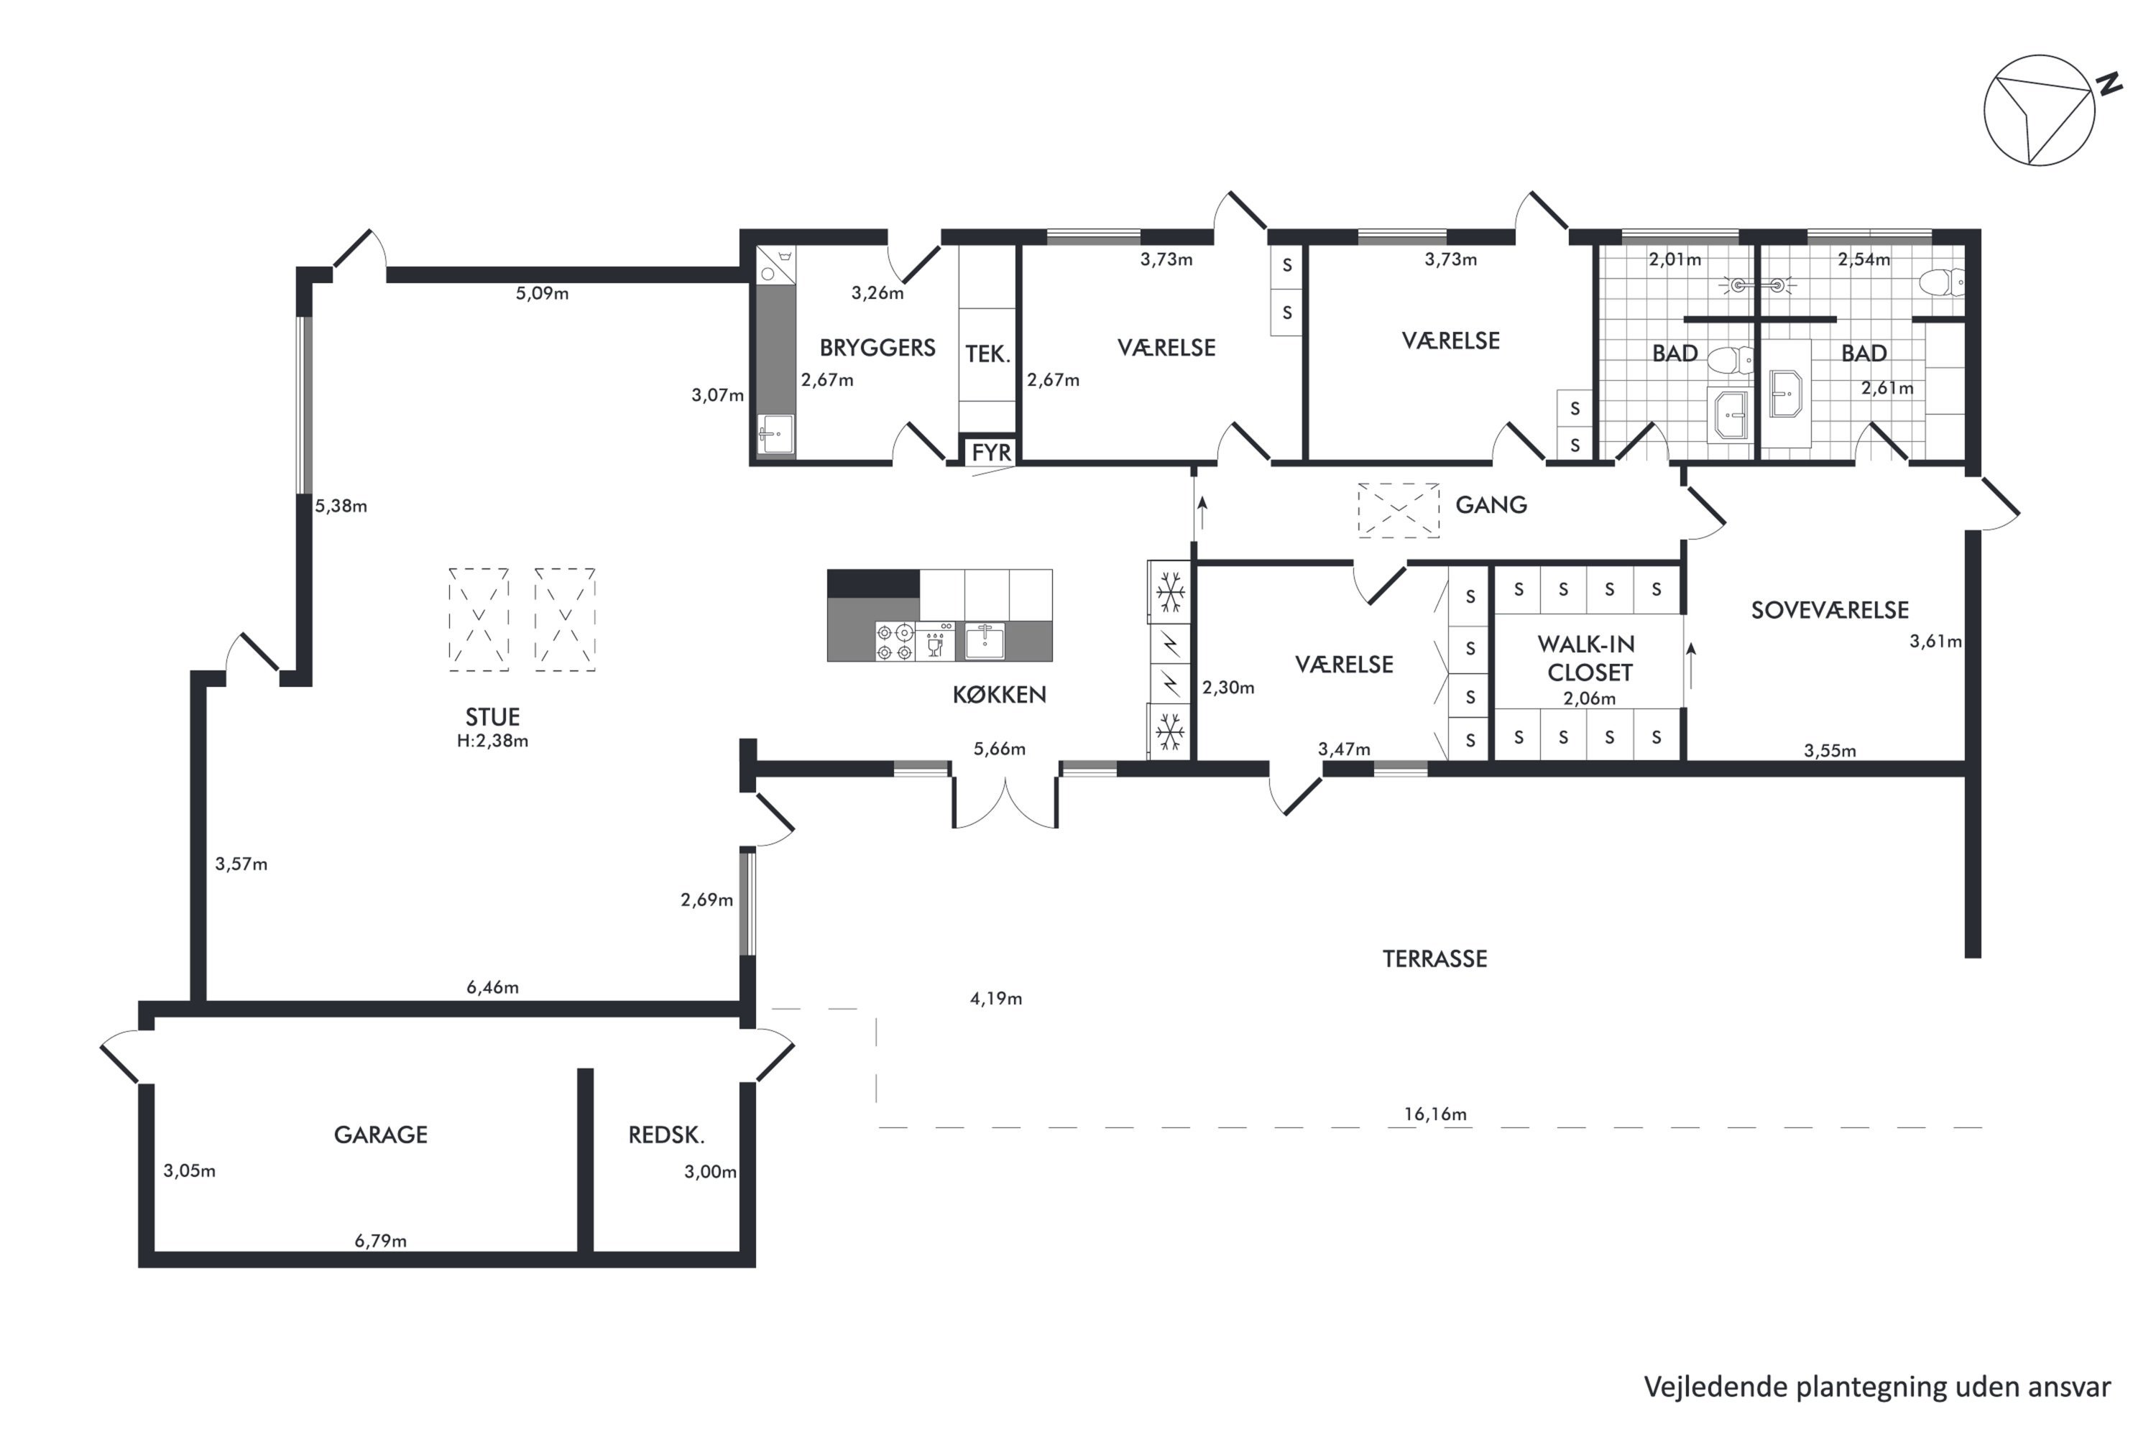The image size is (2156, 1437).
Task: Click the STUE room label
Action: [x=492, y=716]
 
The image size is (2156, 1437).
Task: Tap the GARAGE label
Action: [x=380, y=1135]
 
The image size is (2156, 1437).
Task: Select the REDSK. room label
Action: [x=666, y=1135]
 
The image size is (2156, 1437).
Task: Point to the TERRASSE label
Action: [x=1434, y=958]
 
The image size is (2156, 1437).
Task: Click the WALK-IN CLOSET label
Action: [x=1588, y=658]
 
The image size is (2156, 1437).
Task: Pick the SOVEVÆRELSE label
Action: [x=1830, y=610]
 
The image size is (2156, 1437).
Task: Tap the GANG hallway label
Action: [x=1491, y=505]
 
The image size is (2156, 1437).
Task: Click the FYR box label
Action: [x=991, y=452]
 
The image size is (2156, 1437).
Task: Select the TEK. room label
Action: [x=987, y=354]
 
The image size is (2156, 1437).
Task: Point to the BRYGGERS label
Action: [x=877, y=347]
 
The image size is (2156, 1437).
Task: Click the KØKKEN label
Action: [x=999, y=695]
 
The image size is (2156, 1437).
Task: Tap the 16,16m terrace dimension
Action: [x=1435, y=1114]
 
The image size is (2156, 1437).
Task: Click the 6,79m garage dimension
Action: [x=380, y=1241]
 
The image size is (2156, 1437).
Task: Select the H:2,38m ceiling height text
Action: [x=492, y=741]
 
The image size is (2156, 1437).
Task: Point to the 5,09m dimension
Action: [x=542, y=293]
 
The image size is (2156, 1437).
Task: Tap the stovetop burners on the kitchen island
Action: [x=895, y=642]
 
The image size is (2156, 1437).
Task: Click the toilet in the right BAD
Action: [x=1943, y=282]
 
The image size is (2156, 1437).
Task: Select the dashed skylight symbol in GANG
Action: [x=1399, y=510]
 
